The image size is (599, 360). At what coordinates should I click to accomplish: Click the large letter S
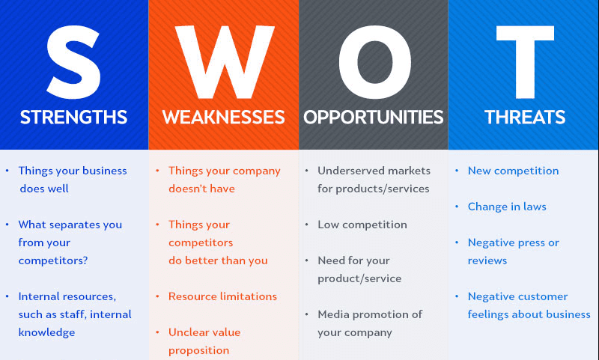73,56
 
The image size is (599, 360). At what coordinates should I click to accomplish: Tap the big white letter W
223,56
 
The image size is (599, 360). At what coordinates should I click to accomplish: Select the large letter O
374,56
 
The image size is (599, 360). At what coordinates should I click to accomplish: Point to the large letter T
524,56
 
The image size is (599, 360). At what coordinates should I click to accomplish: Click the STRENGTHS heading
73,118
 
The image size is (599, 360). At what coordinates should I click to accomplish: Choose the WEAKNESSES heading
223,118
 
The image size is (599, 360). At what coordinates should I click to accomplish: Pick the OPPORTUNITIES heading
374,118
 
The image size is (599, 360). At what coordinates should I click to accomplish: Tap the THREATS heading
524,118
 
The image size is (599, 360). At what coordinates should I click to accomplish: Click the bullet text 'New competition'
513,171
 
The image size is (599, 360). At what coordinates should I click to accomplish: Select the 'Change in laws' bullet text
507,207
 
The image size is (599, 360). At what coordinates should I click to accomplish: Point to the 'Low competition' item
362,225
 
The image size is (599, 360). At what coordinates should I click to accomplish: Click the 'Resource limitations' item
222,296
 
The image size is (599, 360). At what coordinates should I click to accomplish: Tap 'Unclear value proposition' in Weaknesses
204,341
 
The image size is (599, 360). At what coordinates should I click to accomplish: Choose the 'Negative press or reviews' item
513,251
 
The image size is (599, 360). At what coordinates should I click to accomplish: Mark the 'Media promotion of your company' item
370,323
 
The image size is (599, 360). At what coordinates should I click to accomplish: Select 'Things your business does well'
72,180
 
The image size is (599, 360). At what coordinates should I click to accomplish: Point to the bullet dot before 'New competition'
457,171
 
